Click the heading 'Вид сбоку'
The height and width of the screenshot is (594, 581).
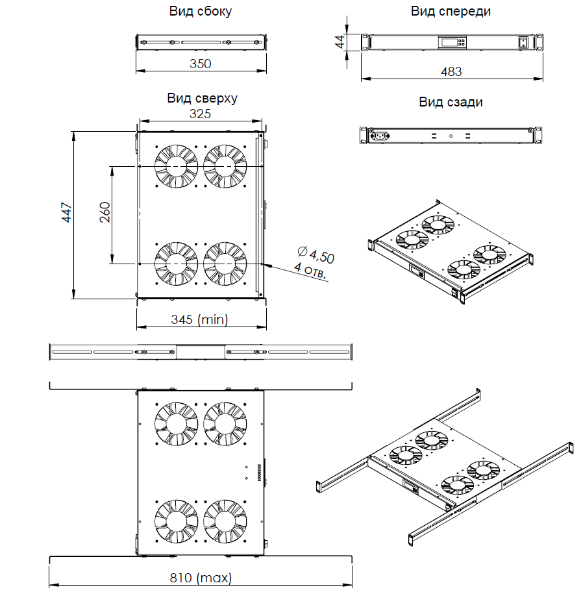tap(201, 12)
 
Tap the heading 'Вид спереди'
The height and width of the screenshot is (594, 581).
tap(451, 12)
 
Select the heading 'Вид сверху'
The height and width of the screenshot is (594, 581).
tap(202, 98)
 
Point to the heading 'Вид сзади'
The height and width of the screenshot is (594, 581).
tap(451, 102)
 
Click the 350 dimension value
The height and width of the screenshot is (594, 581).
tap(201, 63)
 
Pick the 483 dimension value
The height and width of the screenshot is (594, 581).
tap(451, 71)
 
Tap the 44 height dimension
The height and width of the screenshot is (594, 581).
tap(339, 42)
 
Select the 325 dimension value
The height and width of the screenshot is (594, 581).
tap(200, 114)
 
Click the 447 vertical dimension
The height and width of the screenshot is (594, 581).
tap(66, 214)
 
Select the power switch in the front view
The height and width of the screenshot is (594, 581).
tap(522, 43)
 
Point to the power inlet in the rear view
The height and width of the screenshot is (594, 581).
tap(378, 136)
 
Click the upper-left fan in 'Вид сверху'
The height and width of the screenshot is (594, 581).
tap(175, 167)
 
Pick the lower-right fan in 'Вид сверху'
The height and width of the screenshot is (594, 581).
tap(225, 264)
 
